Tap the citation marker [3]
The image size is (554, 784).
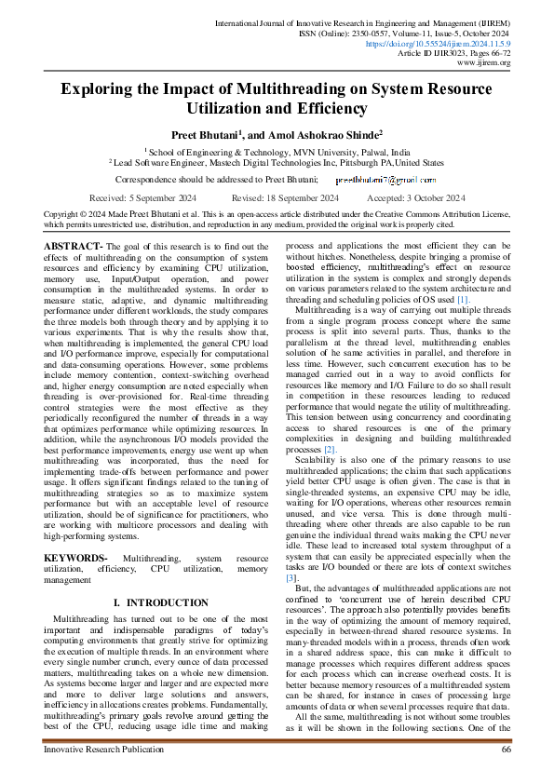point(291,551)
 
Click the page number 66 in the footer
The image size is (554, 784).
point(506,749)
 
